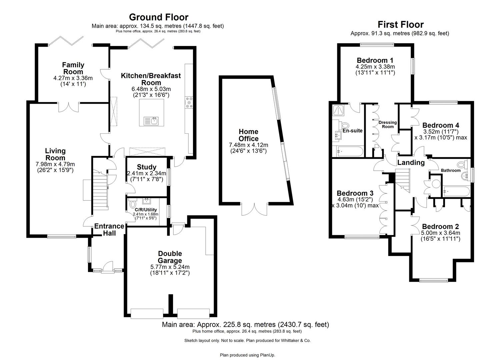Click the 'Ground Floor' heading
(x=158, y=17)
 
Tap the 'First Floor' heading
(x=400, y=24)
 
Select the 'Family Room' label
(x=73, y=68)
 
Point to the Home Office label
(x=248, y=135)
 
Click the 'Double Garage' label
(x=170, y=257)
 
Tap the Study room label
(x=146, y=167)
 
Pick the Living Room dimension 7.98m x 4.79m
(x=55, y=164)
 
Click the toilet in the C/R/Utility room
(x=133, y=204)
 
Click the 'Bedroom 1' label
(x=375, y=60)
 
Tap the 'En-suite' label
(x=353, y=131)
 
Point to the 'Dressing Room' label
(x=388, y=124)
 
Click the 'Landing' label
(x=411, y=162)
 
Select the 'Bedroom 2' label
(x=440, y=227)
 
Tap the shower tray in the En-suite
(x=339, y=110)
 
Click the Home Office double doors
(x=255, y=209)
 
